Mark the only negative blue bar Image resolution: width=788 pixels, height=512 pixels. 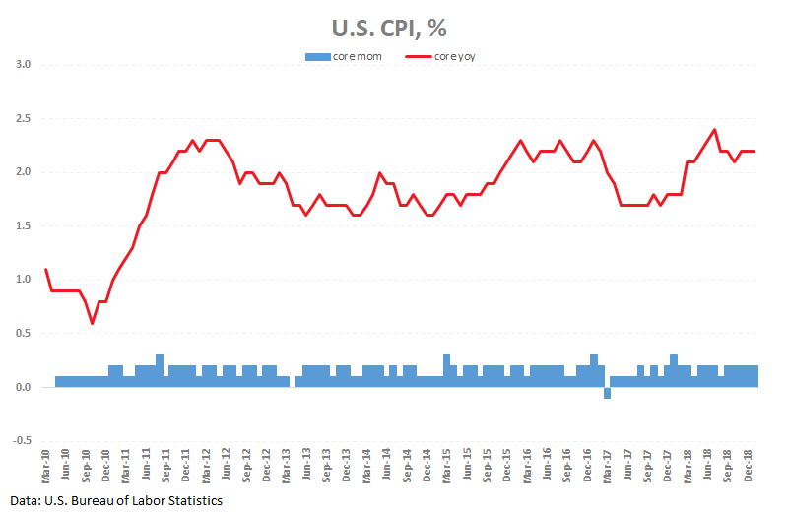607,393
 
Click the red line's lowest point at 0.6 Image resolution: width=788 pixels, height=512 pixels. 92,323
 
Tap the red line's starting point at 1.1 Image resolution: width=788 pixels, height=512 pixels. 46,269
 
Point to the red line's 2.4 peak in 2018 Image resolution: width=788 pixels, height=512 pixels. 714,129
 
